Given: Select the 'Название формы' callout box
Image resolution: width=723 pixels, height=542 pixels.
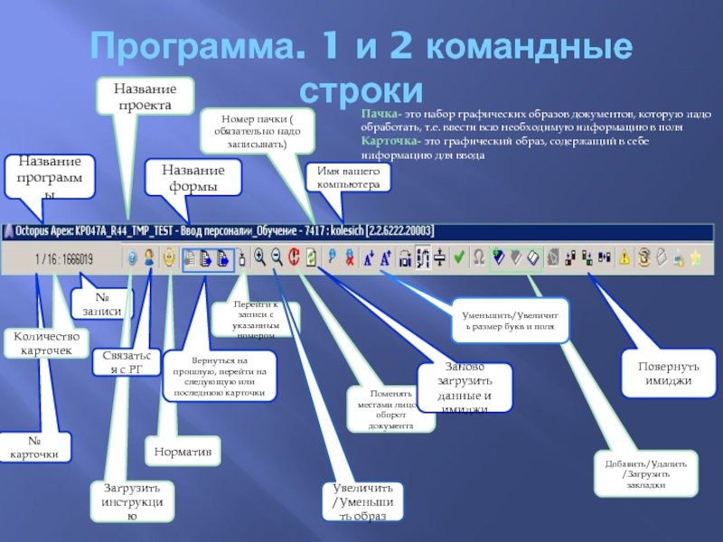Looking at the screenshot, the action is (x=192, y=178).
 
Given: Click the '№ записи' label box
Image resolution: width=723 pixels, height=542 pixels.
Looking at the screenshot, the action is (x=102, y=304).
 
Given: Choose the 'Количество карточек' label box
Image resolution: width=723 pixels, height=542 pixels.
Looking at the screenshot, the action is (x=46, y=342).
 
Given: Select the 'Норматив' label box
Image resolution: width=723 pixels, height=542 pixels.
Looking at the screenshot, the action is (x=183, y=450).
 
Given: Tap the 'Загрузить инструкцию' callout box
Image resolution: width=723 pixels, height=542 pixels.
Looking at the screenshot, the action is (x=131, y=502).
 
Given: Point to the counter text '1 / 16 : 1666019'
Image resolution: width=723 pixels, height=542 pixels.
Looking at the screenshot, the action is (x=64, y=259).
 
